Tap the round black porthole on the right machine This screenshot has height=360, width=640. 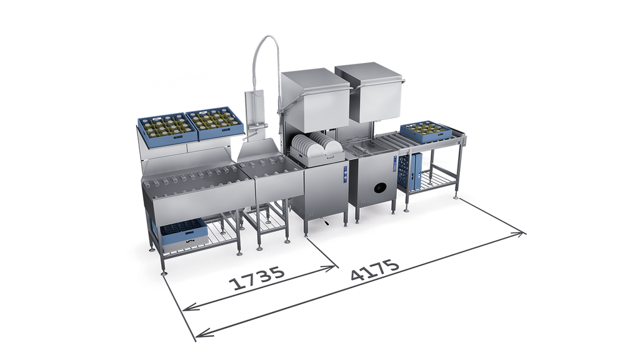(x=380, y=187)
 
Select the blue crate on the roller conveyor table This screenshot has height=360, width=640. (x=426, y=131)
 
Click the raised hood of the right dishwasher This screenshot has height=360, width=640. (x=369, y=92)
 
